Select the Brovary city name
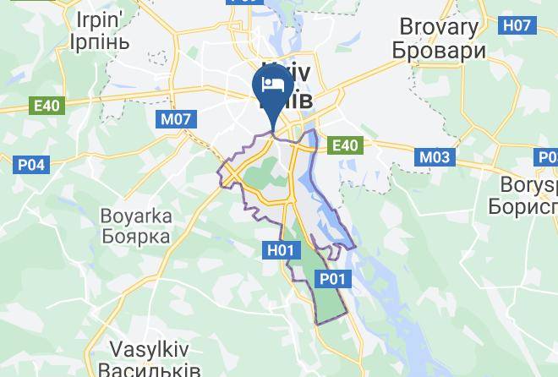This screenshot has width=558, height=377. pos(438,27)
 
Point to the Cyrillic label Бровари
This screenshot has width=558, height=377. pos(439,50)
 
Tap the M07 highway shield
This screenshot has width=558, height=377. pos(176,119)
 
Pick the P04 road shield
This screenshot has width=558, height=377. pos(30,164)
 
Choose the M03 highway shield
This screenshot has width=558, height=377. pos(436,157)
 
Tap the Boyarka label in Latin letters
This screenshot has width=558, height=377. pos(135,216)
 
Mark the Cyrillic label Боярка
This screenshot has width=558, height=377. pos(135,237)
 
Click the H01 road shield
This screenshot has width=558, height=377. pos(281,249)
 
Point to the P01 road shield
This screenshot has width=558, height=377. pos(331,278)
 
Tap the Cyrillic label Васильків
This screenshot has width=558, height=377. pos(149,369)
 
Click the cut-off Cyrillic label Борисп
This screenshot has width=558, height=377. pos(522,207)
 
